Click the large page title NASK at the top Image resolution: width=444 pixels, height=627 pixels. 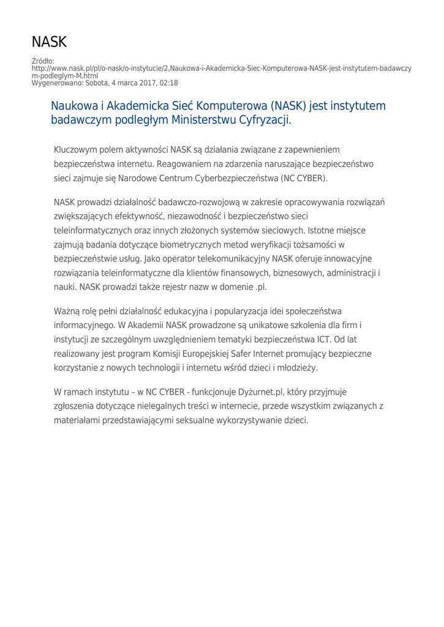(x=49, y=42)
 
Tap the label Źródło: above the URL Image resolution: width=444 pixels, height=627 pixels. (x=43, y=61)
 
